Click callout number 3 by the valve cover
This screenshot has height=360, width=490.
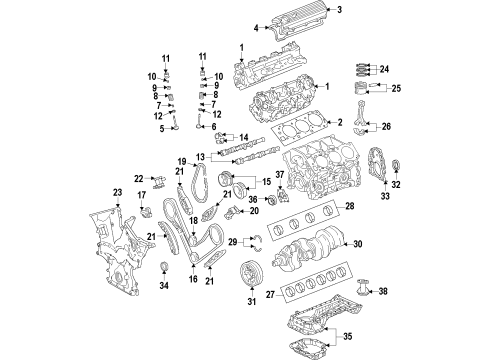(x=339, y=9)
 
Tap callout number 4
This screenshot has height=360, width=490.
(x=256, y=28)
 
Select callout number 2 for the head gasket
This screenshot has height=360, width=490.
(x=340, y=122)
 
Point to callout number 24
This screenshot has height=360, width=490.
(x=384, y=69)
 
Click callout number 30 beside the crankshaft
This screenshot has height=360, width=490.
(x=357, y=244)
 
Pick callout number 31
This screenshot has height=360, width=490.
(x=252, y=301)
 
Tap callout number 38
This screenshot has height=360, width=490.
(x=383, y=291)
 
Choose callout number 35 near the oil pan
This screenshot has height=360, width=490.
(x=348, y=336)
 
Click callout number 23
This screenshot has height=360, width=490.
(x=117, y=192)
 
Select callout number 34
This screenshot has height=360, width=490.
(x=164, y=285)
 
